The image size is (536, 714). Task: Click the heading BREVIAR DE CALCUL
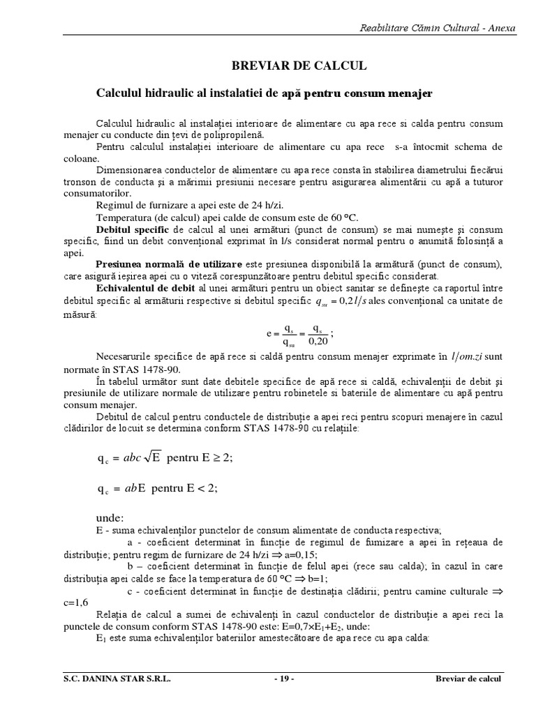[299, 66]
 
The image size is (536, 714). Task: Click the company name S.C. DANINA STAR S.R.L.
[114, 678]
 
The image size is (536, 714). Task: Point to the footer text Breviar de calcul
[468, 678]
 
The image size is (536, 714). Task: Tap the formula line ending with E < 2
[158, 488]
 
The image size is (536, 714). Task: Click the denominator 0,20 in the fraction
[318, 342]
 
